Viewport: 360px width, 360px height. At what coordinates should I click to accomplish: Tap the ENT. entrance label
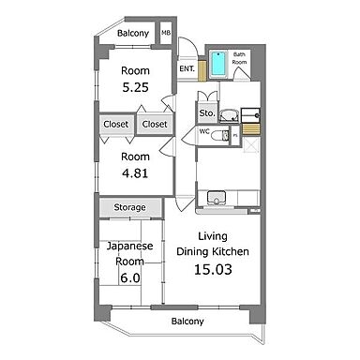pyautogui.click(x=187, y=67)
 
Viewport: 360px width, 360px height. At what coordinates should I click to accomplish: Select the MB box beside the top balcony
pyautogui.click(x=166, y=34)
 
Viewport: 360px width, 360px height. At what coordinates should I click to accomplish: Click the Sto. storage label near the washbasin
pyautogui.click(x=206, y=113)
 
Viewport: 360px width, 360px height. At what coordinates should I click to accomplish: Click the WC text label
pyautogui.click(x=203, y=132)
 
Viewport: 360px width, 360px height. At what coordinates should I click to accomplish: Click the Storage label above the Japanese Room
pyautogui.click(x=129, y=207)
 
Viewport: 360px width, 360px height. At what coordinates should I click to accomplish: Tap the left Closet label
pyautogui.click(x=116, y=123)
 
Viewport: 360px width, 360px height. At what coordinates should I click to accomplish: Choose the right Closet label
pyautogui.click(x=154, y=123)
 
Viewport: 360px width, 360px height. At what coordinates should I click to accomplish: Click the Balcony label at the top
pyautogui.click(x=132, y=34)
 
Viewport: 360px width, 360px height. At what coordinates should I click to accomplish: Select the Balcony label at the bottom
pyautogui.click(x=187, y=322)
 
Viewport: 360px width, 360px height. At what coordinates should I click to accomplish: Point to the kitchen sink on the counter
pyautogui.click(x=217, y=197)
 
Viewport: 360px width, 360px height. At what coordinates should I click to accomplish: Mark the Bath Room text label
pyautogui.click(x=240, y=57)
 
